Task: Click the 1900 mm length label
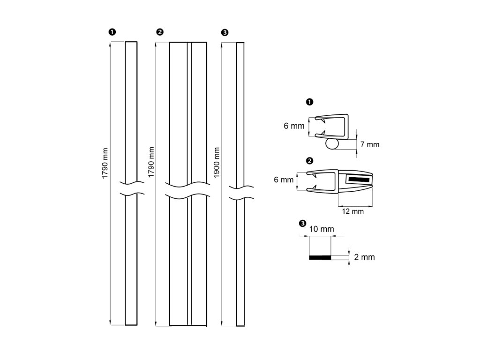tap(217, 162)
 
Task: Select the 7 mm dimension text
tap(370, 144)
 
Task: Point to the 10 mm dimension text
tap(322, 229)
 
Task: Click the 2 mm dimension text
tap(365, 257)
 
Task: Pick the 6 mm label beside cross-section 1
tap(294, 126)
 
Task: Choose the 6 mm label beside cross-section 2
tap(283, 180)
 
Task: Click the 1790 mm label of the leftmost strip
tap(105, 162)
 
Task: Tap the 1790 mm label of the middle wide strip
tap(151, 162)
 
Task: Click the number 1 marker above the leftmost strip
tap(112, 32)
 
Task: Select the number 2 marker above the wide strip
tap(160, 32)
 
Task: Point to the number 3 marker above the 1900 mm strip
tap(225, 32)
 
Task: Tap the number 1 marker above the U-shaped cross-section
tap(309, 101)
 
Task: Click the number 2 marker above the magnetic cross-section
tap(309, 161)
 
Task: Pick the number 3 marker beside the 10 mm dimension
tap(302, 224)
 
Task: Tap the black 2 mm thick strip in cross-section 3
tap(320, 257)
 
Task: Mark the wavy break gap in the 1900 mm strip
tap(240, 193)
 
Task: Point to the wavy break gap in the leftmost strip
tap(131, 188)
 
